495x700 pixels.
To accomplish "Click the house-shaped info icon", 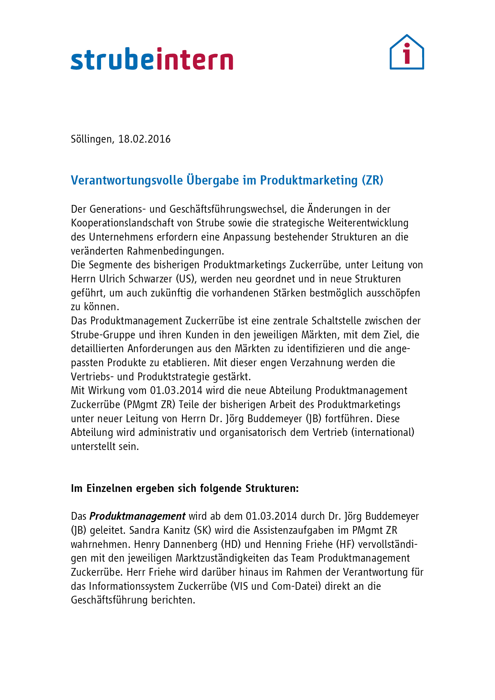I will (407, 52).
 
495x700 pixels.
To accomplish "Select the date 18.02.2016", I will (144, 139).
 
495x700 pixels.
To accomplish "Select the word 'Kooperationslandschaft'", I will (122, 223).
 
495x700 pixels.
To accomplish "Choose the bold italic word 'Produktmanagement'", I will (137, 516).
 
